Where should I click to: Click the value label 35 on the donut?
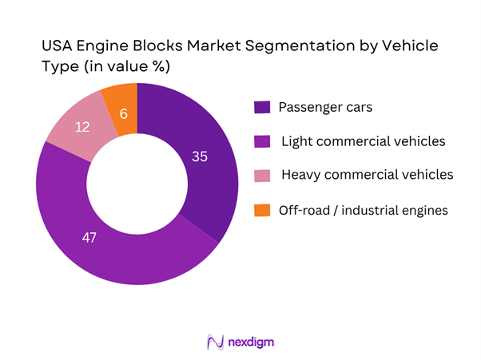pos(200,157)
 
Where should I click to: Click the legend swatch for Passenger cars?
pos(261,108)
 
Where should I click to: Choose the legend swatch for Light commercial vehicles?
pos(261,142)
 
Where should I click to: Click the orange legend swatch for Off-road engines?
pos(261,211)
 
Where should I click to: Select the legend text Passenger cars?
pos(316,107)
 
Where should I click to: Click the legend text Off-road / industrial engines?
pos(357,210)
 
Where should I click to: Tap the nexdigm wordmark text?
pos(252,342)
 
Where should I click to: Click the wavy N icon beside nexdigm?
pos(214,342)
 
